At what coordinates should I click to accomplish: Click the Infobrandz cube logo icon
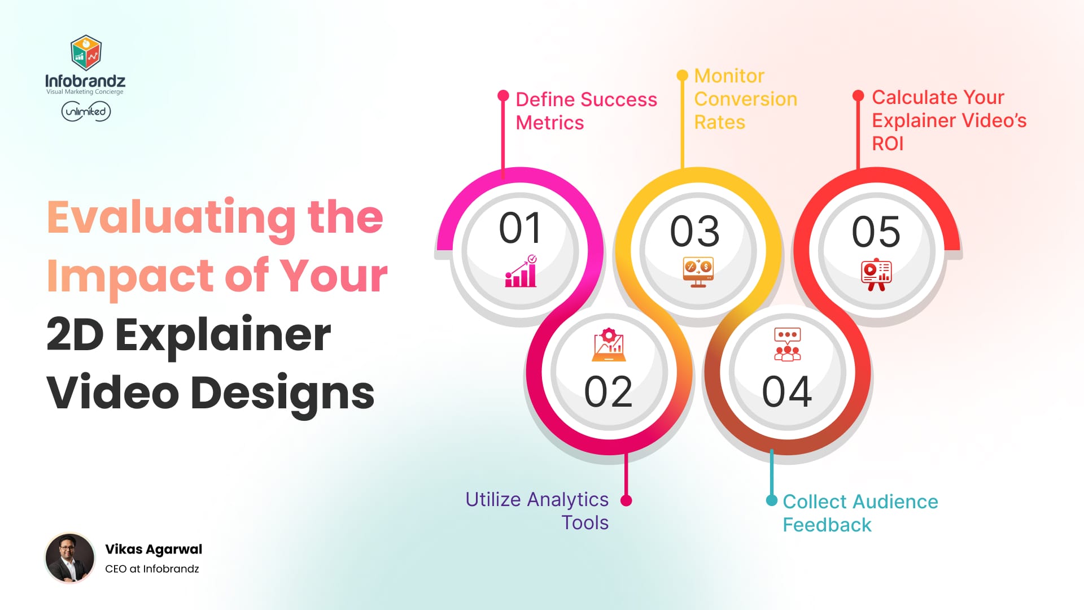tap(86, 53)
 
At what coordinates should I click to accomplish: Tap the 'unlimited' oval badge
tap(86, 111)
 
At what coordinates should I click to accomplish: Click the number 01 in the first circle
tap(520, 229)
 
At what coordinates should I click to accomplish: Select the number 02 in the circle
tap(608, 391)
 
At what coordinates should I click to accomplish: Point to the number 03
tap(695, 232)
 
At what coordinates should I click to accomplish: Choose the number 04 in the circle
tap(787, 391)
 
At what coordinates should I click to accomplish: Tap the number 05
tap(876, 232)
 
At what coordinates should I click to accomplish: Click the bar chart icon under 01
tap(521, 272)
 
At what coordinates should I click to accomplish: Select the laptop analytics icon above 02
tap(609, 345)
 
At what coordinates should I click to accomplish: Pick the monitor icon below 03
tap(698, 272)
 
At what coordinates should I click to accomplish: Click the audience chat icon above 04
tap(788, 344)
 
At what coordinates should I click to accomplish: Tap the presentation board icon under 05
tap(876, 274)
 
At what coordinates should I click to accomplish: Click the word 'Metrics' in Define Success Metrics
tap(549, 123)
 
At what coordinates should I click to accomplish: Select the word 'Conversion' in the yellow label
tap(745, 99)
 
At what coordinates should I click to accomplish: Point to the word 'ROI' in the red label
tap(888, 143)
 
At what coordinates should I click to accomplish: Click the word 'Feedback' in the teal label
tap(827, 525)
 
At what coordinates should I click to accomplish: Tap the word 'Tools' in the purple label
tap(585, 522)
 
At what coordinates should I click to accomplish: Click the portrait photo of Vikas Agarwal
tap(70, 558)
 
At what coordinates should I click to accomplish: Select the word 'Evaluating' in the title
tap(171, 217)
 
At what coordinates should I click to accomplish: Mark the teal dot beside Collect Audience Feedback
tap(771, 500)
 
